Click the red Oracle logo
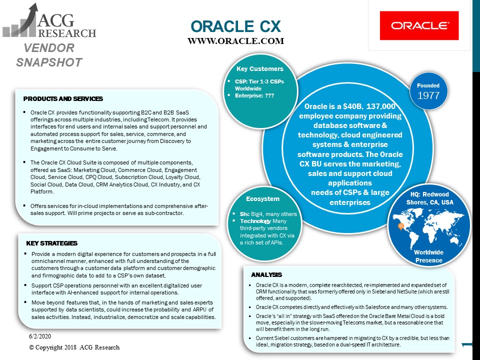point(419,25)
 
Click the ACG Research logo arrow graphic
point(20,20)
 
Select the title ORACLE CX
point(235,26)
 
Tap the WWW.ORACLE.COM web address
point(235,41)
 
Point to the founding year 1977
point(428,95)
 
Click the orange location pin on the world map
point(400,226)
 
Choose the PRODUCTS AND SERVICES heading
point(63,99)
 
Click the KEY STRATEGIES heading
point(51,243)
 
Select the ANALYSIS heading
point(266,275)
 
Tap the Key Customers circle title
point(260,69)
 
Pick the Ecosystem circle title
point(262,199)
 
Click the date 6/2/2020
point(40,336)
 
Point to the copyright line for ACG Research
point(74,347)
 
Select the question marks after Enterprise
point(269,96)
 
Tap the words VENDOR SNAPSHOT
point(49,55)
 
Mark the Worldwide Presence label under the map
point(428,256)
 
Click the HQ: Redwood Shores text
point(430,198)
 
